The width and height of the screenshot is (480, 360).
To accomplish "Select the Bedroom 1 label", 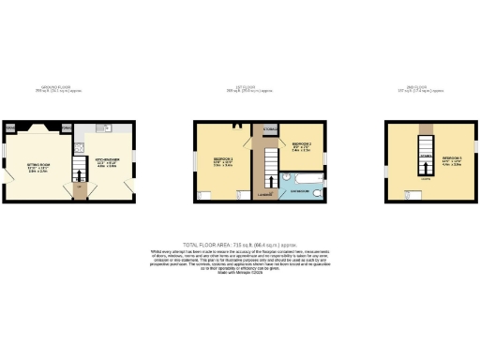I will click(222, 160).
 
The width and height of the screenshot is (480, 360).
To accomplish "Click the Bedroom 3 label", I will click(453, 158).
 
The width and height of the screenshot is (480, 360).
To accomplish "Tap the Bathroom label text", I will click(299, 191).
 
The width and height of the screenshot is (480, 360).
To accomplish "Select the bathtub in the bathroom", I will click(302, 176).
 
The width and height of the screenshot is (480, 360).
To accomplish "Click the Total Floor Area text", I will click(239, 243).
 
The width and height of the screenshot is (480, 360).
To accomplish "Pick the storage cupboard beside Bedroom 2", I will click(269, 128).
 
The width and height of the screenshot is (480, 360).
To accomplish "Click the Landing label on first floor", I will click(265, 195).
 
